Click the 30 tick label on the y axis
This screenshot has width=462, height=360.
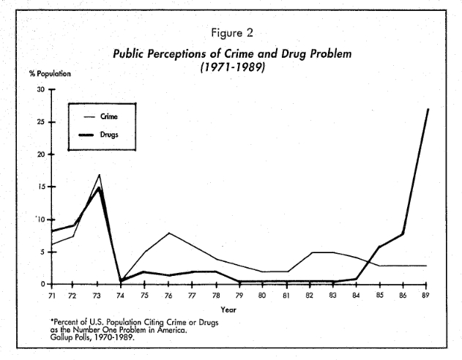point(40,89)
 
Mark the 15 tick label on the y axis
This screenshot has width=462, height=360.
point(40,187)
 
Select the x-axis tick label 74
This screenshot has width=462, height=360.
point(119,296)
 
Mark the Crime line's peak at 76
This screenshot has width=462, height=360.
point(169,233)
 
